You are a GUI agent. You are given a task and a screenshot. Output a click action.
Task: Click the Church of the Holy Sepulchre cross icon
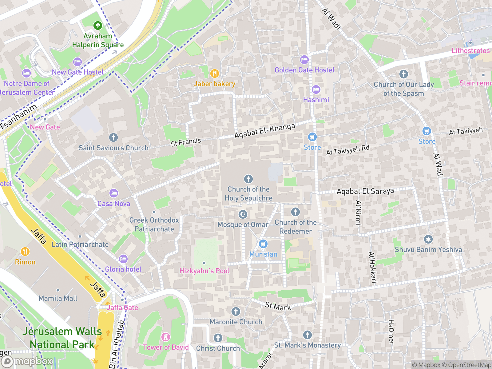[x=248, y=179]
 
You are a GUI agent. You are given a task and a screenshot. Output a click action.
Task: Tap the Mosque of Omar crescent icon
[x=243, y=214]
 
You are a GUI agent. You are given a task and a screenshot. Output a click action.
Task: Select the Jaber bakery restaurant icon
[x=214, y=73]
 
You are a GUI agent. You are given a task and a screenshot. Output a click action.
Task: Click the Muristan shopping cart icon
[x=263, y=244]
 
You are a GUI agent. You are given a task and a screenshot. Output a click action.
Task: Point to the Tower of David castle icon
[x=166, y=337]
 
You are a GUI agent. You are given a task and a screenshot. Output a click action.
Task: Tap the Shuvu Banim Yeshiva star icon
[x=428, y=239]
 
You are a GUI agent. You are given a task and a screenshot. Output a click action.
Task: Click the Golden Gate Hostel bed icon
[x=304, y=60]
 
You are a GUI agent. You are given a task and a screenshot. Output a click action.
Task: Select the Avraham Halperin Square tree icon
[x=98, y=26]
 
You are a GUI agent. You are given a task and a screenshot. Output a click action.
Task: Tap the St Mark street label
[x=278, y=306]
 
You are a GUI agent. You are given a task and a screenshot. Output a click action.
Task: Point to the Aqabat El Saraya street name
[x=365, y=191]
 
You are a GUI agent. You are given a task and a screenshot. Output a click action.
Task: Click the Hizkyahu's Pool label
[x=204, y=271]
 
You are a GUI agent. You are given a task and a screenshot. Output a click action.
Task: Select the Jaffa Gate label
[x=122, y=307]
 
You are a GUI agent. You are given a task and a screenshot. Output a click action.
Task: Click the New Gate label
[x=45, y=127]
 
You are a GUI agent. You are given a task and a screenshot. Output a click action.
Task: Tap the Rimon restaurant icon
[x=25, y=252]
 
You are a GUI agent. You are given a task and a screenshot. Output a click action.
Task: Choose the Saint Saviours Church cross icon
[x=113, y=137]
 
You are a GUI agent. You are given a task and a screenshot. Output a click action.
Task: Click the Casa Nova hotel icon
[x=114, y=193]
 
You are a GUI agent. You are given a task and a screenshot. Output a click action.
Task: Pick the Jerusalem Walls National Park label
[x=62, y=338]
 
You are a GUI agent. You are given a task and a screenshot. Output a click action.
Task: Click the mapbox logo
[x=28, y=361]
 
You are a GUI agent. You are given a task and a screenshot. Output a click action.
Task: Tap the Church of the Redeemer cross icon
[x=296, y=212]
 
